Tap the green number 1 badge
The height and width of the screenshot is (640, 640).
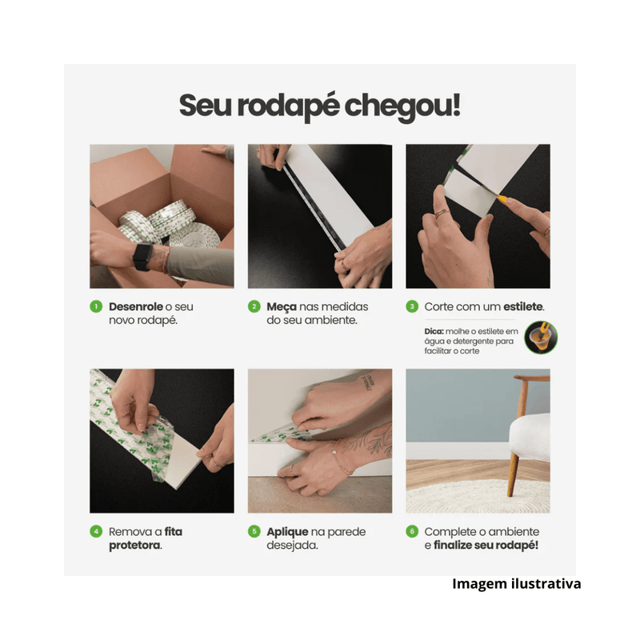click(x=96, y=306)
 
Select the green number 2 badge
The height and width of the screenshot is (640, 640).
click(x=254, y=306)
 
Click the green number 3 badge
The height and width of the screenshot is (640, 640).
click(x=413, y=306)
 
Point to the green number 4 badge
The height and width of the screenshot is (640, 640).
click(x=96, y=531)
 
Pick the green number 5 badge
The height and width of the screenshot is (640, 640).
click(x=254, y=531)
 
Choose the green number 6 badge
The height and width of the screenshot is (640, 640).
click(x=413, y=531)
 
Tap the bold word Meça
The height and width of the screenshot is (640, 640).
click(x=282, y=306)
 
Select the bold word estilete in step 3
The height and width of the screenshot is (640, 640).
click(x=520, y=306)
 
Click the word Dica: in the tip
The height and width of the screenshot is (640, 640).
click(x=435, y=330)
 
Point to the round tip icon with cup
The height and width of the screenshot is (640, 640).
click(x=541, y=338)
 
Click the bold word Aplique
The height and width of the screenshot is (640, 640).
click(x=289, y=531)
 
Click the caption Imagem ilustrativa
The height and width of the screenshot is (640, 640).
click(x=516, y=583)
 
